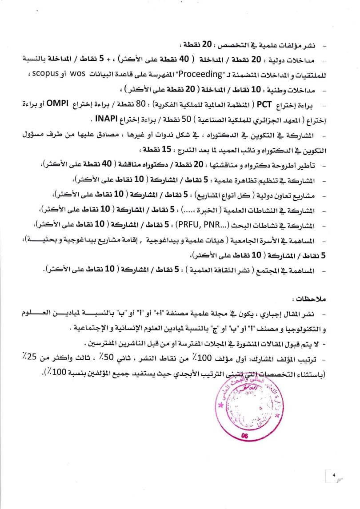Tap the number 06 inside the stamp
[244, 436]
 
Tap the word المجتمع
[271, 270]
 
